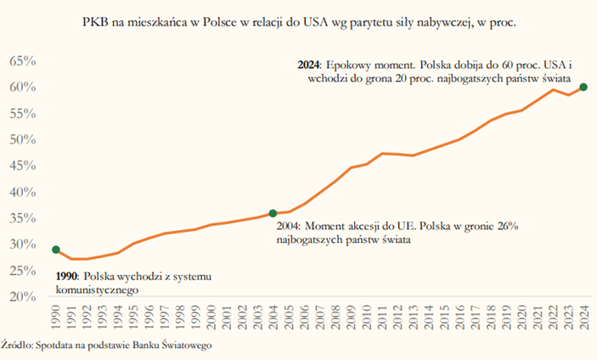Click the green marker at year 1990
[56, 250]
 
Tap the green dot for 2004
[273, 213]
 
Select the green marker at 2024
[583, 87]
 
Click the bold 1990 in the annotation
[66, 277]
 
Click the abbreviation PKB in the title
[96, 20]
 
